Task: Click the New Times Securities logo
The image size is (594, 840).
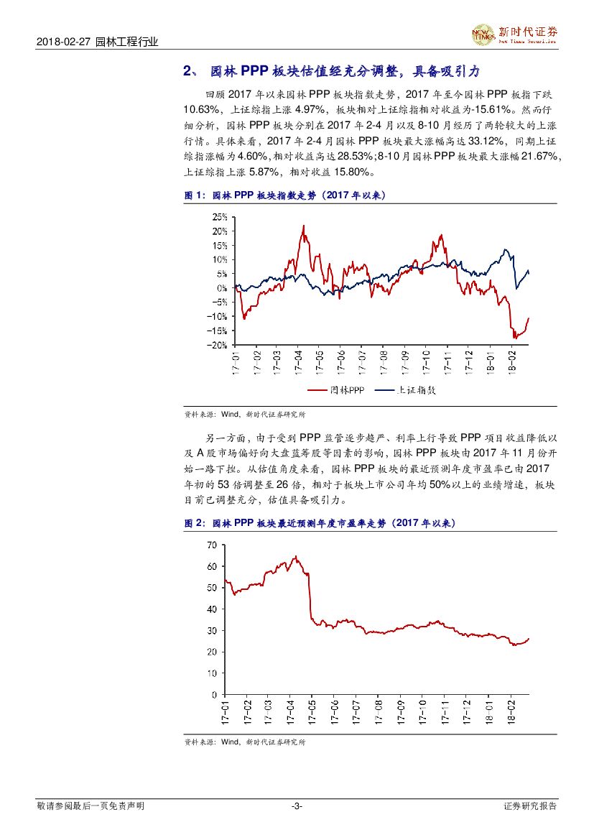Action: pos(514,34)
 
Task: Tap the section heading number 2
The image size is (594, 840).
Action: pos(187,72)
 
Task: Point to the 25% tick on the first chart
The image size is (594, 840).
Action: pos(219,216)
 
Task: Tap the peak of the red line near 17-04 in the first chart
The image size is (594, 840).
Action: pos(303,226)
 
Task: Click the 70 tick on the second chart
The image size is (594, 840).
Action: pos(211,545)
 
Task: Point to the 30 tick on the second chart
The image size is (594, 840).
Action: pos(211,630)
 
